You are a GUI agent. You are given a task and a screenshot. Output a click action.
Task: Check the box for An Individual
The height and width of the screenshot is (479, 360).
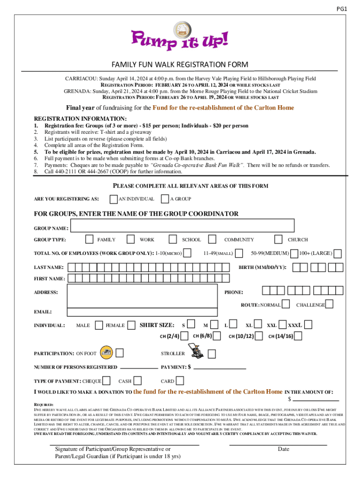click(x=114, y=199)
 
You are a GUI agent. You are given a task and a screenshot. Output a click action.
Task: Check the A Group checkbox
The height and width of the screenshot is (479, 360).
click(x=165, y=199)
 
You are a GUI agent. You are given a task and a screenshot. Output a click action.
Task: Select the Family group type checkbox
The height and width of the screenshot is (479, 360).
click(x=89, y=239)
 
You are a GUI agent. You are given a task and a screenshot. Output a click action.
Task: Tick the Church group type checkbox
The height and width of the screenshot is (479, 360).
click(x=279, y=239)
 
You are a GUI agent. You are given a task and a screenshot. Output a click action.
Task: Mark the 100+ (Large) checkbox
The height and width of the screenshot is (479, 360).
click(x=338, y=254)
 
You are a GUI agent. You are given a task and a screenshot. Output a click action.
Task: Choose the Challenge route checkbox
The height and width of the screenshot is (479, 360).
click(x=329, y=305)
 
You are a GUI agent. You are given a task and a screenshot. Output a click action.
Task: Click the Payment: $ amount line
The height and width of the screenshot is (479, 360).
click(x=220, y=369)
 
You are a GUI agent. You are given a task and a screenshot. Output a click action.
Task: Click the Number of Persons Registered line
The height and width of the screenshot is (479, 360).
click(x=139, y=369)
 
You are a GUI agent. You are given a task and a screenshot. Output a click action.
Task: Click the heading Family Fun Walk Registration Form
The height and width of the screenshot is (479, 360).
click(x=180, y=65)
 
